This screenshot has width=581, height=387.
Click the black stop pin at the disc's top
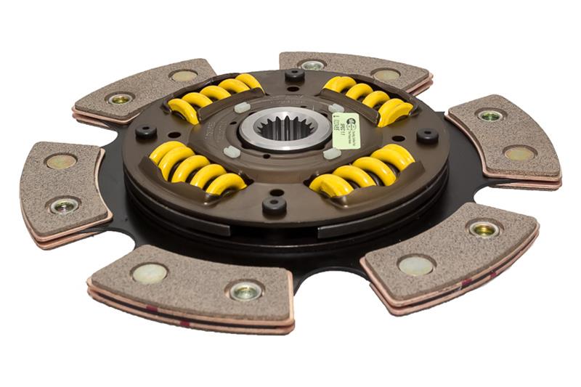point(294,75)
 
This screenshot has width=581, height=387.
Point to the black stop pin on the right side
point(426,135)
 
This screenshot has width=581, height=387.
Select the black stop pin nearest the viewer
point(274,205)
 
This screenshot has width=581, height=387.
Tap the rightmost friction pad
point(503,136)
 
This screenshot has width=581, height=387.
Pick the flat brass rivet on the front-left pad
point(150,273)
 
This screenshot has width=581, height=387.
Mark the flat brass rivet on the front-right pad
point(416,265)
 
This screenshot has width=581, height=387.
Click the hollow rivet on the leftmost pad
point(63,205)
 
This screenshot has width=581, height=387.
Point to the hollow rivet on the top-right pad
point(313,65)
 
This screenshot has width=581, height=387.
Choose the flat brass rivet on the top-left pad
point(183,76)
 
